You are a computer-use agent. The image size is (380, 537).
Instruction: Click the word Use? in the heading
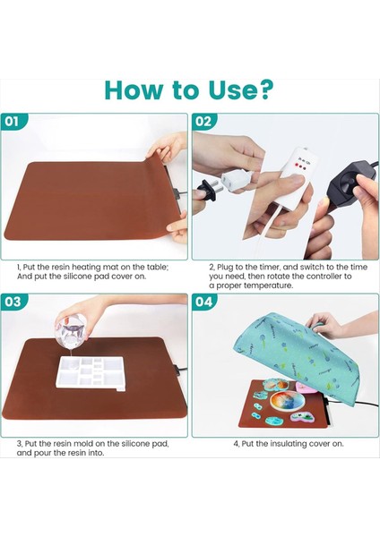point(241,90)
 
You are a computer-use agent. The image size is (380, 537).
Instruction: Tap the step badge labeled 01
point(13,121)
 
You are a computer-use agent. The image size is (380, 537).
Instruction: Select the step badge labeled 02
point(203,121)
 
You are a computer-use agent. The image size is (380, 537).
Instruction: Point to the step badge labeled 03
point(13,302)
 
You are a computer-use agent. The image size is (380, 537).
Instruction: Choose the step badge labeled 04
point(203,302)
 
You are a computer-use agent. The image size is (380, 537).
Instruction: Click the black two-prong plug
point(209,189)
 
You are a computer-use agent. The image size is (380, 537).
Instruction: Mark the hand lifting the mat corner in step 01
point(169,146)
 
